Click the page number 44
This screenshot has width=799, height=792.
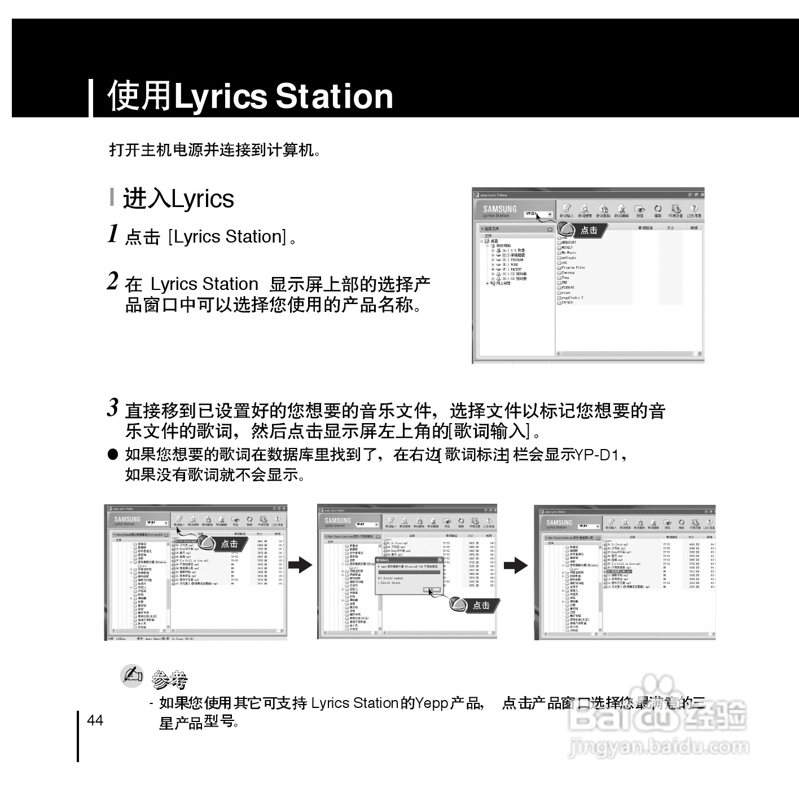(95, 720)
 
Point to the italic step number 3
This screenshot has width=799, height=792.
(113, 408)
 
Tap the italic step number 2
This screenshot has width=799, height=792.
(113, 281)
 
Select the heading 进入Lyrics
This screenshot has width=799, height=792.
(178, 199)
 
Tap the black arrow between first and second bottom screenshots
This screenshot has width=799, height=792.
(300, 565)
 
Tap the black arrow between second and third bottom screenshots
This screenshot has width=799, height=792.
(515, 565)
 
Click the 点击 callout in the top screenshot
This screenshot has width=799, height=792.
(589, 230)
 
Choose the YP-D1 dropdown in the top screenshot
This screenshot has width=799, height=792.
(538, 214)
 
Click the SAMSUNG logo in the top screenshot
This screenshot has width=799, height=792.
(499, 209)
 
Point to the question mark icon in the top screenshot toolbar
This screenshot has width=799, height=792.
(694, 209)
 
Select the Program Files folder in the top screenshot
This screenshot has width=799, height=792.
(573, 267)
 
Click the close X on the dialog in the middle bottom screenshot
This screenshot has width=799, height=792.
(440, 560)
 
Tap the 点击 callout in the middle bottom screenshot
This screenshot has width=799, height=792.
(480, 605)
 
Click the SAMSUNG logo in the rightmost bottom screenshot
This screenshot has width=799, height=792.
(559, 523)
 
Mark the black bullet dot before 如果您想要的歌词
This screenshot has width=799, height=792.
(113, 454)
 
